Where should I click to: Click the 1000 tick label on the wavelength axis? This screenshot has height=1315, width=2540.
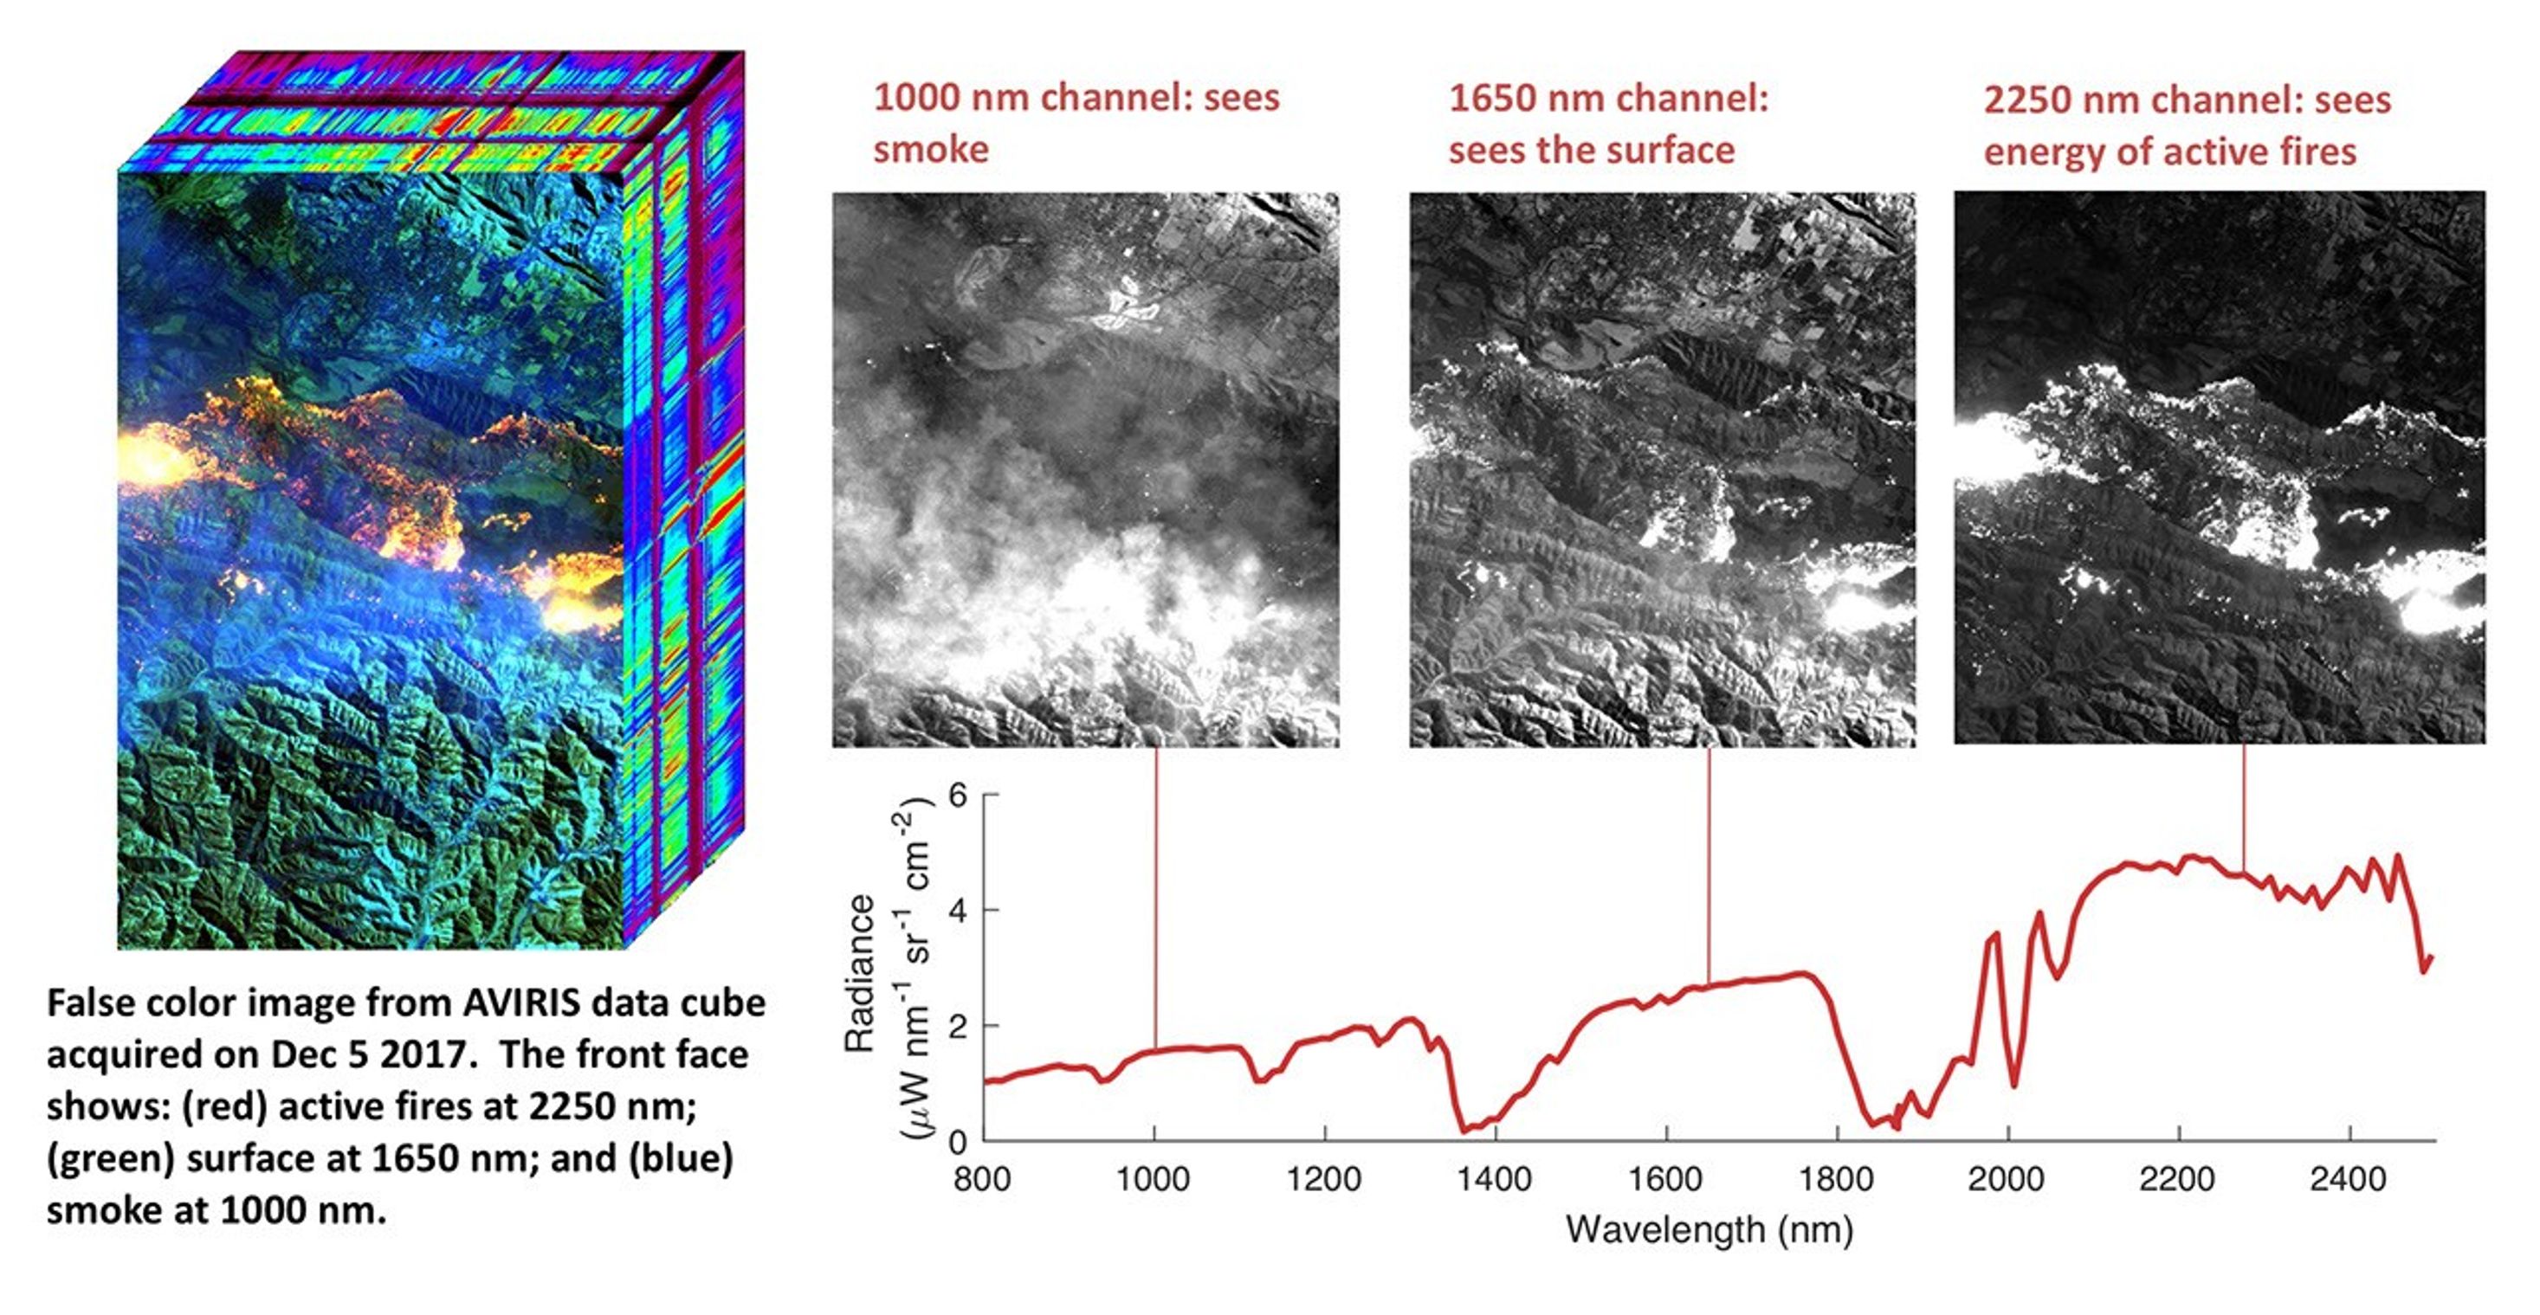click(x=1153, y=1179)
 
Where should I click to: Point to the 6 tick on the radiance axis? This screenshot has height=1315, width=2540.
click(x=958, y=795)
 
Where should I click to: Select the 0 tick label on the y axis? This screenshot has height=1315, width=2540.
click(x=958, y=1143)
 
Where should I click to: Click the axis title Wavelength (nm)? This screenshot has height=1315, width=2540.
click(x=1709, y=1230)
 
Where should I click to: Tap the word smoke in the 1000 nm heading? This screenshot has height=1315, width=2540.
click(x=931, y=150)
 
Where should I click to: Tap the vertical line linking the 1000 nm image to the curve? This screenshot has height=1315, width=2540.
click(x=1154, y=897)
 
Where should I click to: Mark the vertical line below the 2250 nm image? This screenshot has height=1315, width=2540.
click(x=2244, y=809)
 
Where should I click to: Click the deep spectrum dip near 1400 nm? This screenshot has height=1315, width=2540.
click(x=1465, y=1128)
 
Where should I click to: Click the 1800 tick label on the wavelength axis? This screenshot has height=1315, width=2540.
click(x=1836, y=1179)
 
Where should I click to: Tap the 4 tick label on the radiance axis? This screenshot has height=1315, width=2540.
click(x=958, y=910)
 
